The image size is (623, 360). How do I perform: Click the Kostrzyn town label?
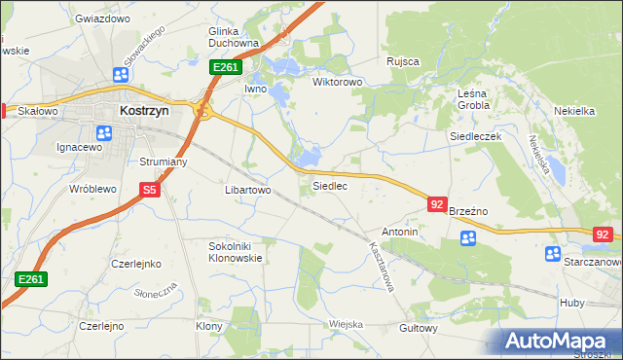click(145, 111)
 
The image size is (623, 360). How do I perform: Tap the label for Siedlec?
click(329, 185)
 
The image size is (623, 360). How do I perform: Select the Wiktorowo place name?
click(337, 82)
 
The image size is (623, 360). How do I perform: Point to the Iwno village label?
click(255, 89)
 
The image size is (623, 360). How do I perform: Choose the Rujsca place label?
click(402, 61)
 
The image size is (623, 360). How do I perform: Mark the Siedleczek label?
click(474, 137)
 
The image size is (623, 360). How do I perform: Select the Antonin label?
click(400, 233)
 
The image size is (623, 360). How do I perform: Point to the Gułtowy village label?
click(419, 328)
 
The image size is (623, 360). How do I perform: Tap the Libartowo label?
click(247, 190)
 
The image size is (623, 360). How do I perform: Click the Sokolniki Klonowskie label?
click(236, 253)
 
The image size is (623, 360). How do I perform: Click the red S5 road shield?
click(149, 191)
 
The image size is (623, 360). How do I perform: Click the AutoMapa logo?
click(561, 342)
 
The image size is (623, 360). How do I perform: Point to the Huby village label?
click(571, 303)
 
